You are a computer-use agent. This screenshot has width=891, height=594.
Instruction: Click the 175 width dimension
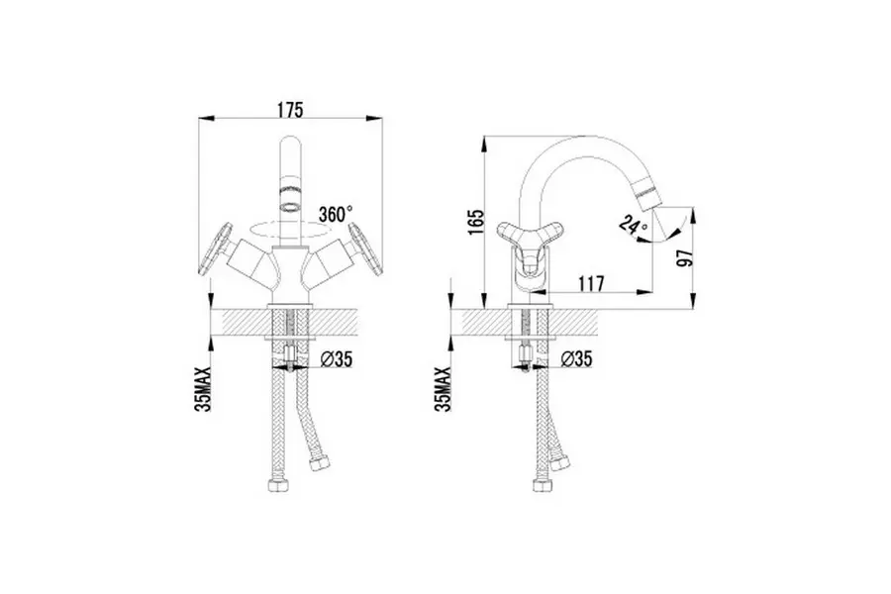(x=290, y=110)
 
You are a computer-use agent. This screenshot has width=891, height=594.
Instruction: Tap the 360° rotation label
(x=336, y=215)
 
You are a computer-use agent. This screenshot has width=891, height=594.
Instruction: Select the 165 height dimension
(x=476, y=222)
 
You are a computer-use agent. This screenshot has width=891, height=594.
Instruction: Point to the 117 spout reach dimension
(x=592, y=283)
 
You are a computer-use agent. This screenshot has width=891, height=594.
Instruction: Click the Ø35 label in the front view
(x=337, y=359)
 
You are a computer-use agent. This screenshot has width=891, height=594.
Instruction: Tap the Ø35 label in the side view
(x=576, y=358)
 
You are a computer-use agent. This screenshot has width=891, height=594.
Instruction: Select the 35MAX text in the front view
(x=203, y=389)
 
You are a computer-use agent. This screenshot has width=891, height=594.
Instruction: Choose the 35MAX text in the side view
(x=443, y=389)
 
